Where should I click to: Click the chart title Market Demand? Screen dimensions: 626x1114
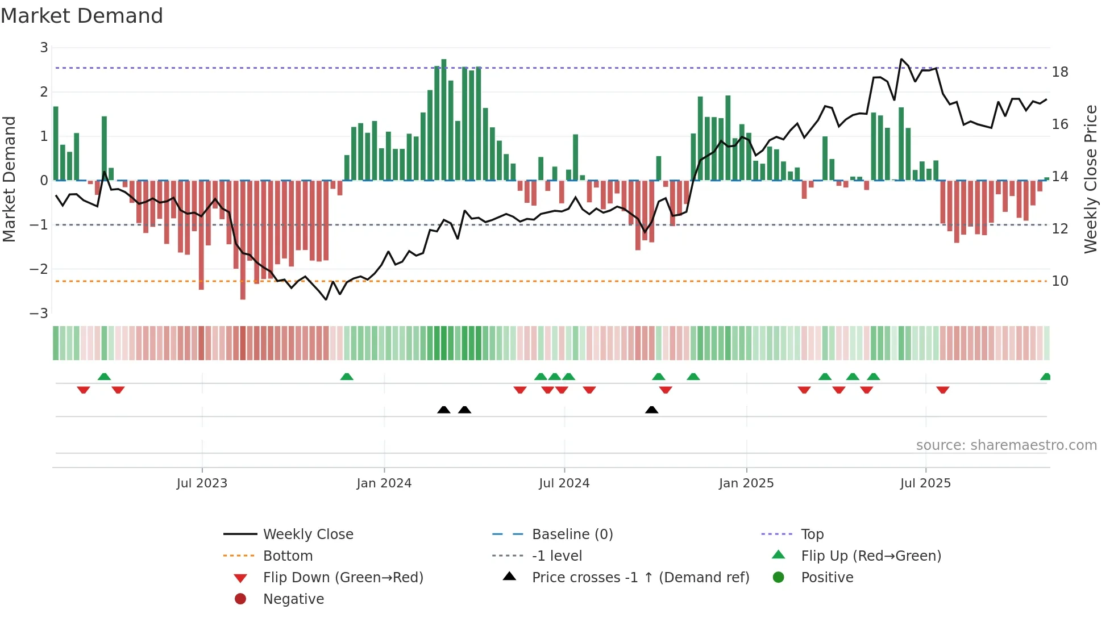pyautogui.click(x=82, y=16)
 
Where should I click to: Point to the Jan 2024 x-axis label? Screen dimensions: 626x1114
pyautogui.click(x=384, y=483)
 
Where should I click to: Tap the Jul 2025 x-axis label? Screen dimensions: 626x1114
pyautogui.click(x=925, y=483)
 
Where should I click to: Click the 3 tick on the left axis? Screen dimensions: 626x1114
pyautogui.click(x=44, y=48)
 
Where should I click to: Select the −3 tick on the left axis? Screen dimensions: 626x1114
pyautogui.click(x=39, y=313)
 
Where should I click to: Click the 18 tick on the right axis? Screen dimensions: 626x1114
pyautogui.click(x=1060, y=72)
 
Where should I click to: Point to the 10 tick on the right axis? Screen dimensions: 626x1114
pyautogui.click(x=1060, y=281)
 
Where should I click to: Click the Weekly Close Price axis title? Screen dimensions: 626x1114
pyautogui.click(x=1091, y=179)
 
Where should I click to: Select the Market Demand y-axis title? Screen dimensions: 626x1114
pyautogui.click(x=9, y=179)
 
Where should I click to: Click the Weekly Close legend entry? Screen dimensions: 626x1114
pyautogui.click(x=307, y=535)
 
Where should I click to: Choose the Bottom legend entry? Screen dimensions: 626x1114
pyautogui.click(x=288, y=556)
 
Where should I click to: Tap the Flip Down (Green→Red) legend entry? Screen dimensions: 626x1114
pyautogui.click(x=343, y=578)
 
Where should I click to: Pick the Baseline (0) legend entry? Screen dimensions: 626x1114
pyautogui.click(x=572, y=535)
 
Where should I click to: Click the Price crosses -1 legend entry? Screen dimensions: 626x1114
pyautogui.click(x=640, y=578)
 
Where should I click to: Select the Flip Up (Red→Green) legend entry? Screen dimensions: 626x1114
pyautogui.click(x=871, y=556)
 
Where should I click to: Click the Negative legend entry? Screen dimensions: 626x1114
pyautogui.click(x=293, y=599)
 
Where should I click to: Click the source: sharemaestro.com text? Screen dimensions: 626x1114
pyautogui.click(x=1006, y=445)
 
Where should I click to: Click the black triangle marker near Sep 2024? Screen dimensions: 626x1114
pyautogui.click(x=652, y=410)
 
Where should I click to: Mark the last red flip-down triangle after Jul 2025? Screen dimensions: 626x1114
pyautogui.click(x=943, y=390)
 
